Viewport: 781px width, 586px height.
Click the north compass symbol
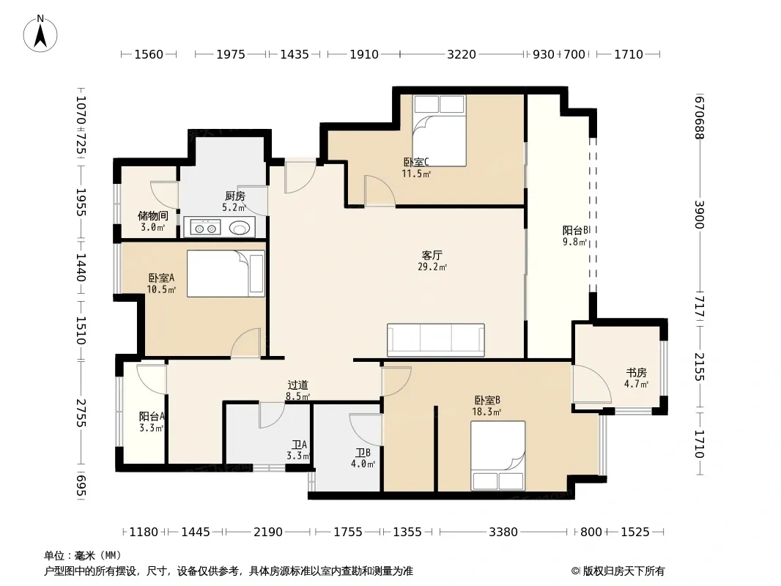40,34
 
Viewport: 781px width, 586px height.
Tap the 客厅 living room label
432,256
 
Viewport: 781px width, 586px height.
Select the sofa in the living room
436,340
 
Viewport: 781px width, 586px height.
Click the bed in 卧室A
226,273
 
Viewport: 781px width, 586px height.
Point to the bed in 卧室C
440,130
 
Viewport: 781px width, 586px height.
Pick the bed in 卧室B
498,456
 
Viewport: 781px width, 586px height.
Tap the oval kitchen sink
240,228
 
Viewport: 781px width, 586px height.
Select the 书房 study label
637,372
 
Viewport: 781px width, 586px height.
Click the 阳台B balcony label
576,231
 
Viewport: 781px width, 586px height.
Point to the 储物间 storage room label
153,216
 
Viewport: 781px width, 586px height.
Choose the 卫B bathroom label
363,453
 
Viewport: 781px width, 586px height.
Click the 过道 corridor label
298,385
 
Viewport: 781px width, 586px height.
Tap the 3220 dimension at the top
462,54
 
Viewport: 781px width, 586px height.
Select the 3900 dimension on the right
699,215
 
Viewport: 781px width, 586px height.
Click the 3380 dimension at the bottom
503,533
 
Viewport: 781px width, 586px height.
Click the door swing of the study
592,384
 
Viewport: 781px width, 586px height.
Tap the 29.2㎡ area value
432,267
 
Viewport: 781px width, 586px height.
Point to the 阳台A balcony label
152,416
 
